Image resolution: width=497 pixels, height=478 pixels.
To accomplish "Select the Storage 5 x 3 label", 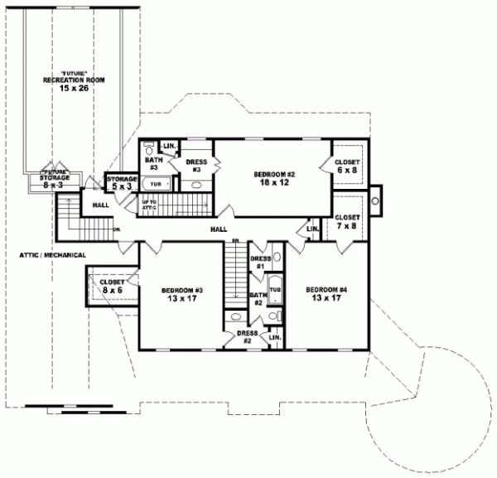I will click(120, 181).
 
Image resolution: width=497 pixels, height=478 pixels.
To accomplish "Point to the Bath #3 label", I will click(154, 163).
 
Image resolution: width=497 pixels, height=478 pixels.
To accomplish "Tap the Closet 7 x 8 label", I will click(347, 220).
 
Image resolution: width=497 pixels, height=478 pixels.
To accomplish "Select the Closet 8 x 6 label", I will click(112, 286).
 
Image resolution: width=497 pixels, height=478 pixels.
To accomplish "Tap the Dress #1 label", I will click(259, 263).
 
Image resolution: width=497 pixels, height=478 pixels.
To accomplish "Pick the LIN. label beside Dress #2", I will click(274, 338).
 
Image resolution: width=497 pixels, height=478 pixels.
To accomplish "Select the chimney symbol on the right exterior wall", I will click(376, 199).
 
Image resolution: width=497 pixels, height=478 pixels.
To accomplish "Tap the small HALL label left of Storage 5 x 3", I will click(100, 204).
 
